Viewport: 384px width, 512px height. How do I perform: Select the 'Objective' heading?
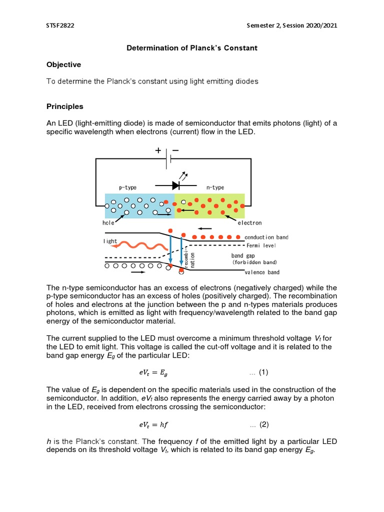(x=63, y=64)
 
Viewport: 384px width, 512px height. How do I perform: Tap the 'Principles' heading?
(x=64, y=106)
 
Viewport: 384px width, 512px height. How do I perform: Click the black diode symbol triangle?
(x=175, y=185)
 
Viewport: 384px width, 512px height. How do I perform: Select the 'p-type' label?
(x=127, y=187)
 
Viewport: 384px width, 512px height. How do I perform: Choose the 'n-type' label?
(x=215, y=187)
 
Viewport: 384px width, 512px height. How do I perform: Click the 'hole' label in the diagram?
(x=108, y=223)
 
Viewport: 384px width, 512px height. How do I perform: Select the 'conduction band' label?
(x=266, y=237)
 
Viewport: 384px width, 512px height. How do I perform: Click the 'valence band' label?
(x=262, y=272)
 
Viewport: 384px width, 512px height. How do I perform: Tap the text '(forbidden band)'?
(x=254, y=262)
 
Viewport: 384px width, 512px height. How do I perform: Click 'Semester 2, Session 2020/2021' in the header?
(x=292, y=26)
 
